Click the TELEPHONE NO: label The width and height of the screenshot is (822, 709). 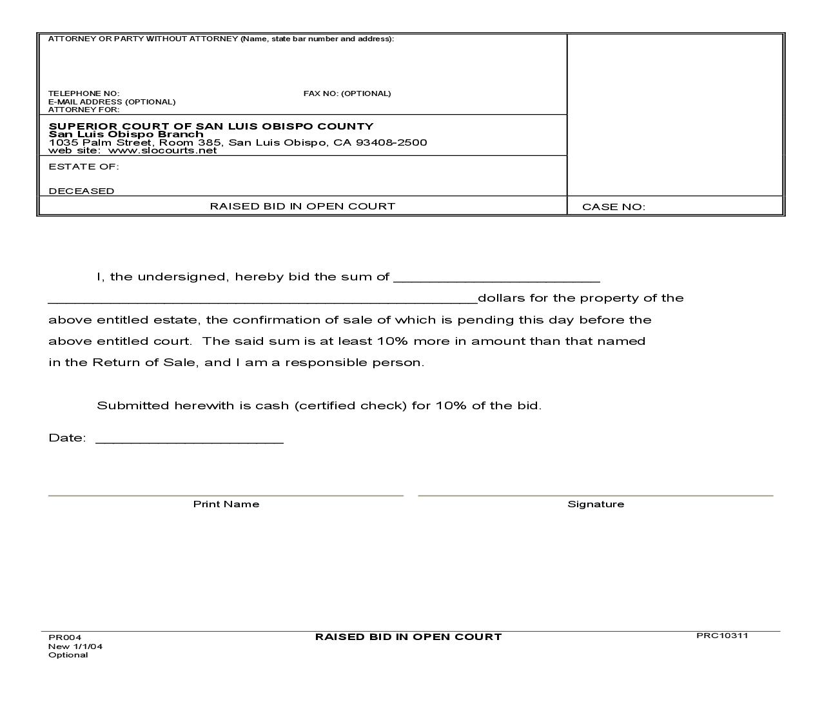point(84,93)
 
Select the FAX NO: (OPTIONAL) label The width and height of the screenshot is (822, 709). point(347,93)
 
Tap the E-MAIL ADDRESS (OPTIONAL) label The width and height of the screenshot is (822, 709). point(112,102)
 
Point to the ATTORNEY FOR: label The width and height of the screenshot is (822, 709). point(84,110)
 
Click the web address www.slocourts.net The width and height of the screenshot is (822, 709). point(162,151)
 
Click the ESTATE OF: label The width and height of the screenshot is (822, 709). point(84,166)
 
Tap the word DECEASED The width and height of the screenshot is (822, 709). point(81,191)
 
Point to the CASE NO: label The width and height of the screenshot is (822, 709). point(613,207)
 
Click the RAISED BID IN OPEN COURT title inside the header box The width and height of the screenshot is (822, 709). point(302,206)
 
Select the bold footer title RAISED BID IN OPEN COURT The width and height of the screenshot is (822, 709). point(408,637)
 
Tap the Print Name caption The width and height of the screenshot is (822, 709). point(226,504)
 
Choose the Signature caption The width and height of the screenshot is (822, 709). point(596,504)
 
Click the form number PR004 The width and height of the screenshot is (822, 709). point(64,637)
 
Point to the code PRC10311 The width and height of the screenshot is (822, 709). point(722,636)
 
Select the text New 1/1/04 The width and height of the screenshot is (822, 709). point(75,646)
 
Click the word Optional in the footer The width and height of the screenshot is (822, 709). point(68,655)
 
